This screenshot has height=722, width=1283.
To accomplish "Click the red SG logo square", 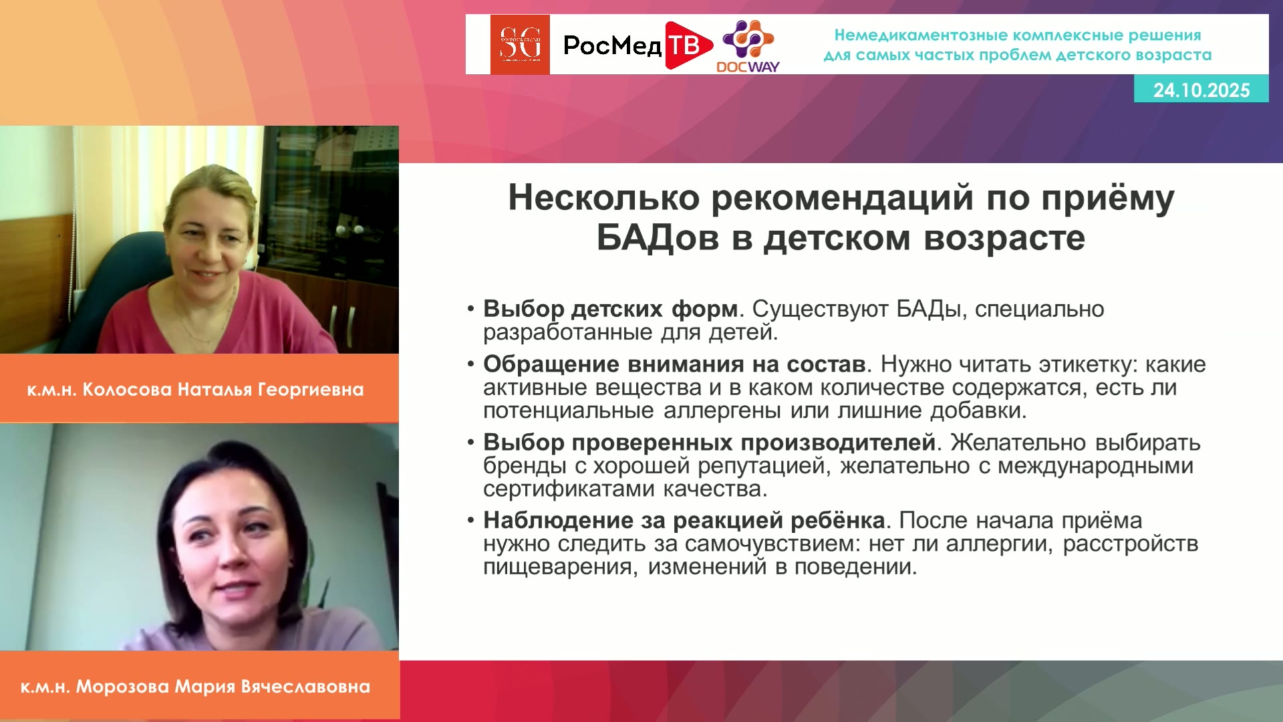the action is point(520,44).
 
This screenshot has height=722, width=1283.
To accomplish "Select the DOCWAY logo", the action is point(748,45).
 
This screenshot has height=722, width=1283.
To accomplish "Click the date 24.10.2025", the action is point(1201,90).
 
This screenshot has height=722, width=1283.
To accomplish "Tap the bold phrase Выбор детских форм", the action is point(611,309).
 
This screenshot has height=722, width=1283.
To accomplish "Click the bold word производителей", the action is point(838,443).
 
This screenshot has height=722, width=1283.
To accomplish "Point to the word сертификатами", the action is point(569,489).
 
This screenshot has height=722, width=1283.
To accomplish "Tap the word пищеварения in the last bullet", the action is point(560,567).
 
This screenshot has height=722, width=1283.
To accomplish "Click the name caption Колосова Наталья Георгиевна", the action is point(223,390).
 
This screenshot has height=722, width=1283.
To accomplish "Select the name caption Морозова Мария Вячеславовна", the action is point(223,687).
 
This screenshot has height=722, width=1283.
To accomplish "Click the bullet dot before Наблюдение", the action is point(471,521).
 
